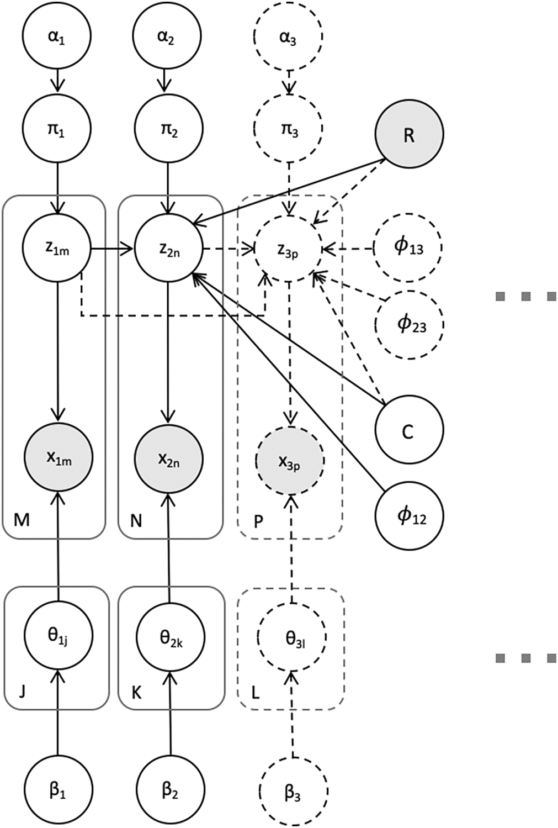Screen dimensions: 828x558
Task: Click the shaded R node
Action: [x=408, y=134]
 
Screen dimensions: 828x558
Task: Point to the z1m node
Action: [x=57, y=249]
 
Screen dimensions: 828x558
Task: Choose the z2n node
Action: [x=169, y=249]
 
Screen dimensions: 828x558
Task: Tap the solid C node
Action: [x=408, y=430]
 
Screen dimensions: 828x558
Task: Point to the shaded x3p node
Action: [x=290, y=461]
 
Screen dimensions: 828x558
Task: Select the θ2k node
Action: [x=170, y=637]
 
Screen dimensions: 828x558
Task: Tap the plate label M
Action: [x=21, y=520]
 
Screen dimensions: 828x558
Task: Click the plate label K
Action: [x=136, y=692]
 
